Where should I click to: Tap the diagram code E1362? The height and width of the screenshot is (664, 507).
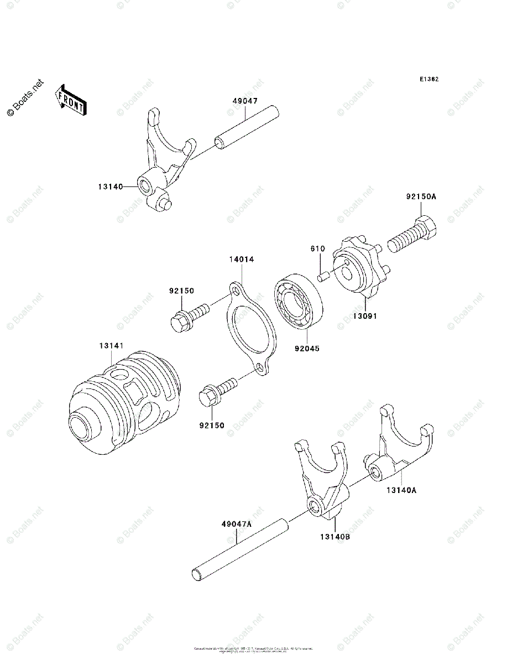pos(428,80)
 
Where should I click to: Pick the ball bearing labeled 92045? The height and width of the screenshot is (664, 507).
pos(299,304)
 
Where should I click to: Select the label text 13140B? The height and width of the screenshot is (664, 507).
pos(334,536)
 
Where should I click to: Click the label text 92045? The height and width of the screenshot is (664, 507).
pos(307,349)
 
